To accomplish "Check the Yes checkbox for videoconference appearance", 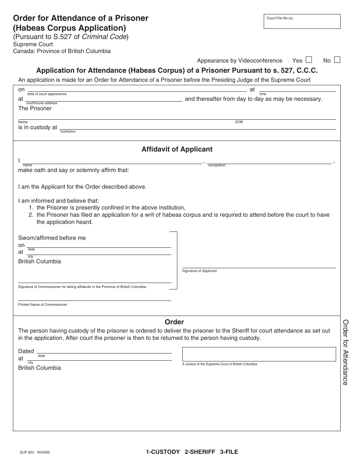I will [309, 60].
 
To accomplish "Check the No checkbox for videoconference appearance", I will [337, 60].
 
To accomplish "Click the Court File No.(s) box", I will [302, 22].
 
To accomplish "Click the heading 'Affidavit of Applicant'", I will [177, 149].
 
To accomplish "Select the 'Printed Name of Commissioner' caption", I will [43, 305].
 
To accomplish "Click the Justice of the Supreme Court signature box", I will [259, 354].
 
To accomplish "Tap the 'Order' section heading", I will [174, 322].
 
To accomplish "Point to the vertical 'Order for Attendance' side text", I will [346, 352].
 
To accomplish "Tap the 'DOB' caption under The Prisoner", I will [239, 122].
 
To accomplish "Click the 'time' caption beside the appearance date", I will [263, 94].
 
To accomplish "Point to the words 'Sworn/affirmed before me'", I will [52, 238].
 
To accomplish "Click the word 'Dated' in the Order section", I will [26, 351].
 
